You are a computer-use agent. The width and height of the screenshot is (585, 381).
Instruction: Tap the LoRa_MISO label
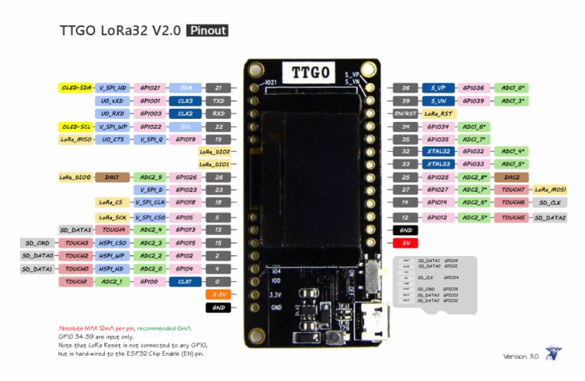pyautogui.click(x=75, y=139)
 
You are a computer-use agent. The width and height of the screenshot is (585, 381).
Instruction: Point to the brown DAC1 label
pyautogui.click(x=112, y=177)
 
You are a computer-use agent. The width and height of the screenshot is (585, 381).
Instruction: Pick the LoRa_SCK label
pyautogui.click(x=112, y=217)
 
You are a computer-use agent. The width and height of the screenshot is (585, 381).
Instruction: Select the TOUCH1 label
pyautogui.click(x=75, y=282)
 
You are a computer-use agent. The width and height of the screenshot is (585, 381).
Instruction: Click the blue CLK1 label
pyautogui.click(x=185, y=282)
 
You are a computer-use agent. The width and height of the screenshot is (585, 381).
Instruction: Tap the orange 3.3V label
pyautogui.click(x=218, y=294)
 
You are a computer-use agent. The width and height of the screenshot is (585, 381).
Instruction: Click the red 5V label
pyautogui.click(x=407, y=242)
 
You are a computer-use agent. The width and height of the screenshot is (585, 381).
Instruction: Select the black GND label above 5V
pyautogui.click(x=407, y=229)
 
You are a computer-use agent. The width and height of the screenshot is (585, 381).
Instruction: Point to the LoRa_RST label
pyautogui.click(x=438, y=113)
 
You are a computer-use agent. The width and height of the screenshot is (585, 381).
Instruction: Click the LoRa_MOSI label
pyautogui.click(x=551, y=189)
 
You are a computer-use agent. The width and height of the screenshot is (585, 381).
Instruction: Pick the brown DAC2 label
pyautogui.click(x=512, y=177)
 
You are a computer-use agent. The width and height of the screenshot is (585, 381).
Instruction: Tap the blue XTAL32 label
pyautogui.click(x=438, y=152)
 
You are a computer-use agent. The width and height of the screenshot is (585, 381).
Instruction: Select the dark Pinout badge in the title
pyautogui.click(x=207, y=30)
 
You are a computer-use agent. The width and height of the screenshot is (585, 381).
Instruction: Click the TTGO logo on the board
pyautogui.click(x=311, y=73)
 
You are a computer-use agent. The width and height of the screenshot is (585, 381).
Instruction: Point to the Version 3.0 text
pyautogui.click(x=521, y=356)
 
